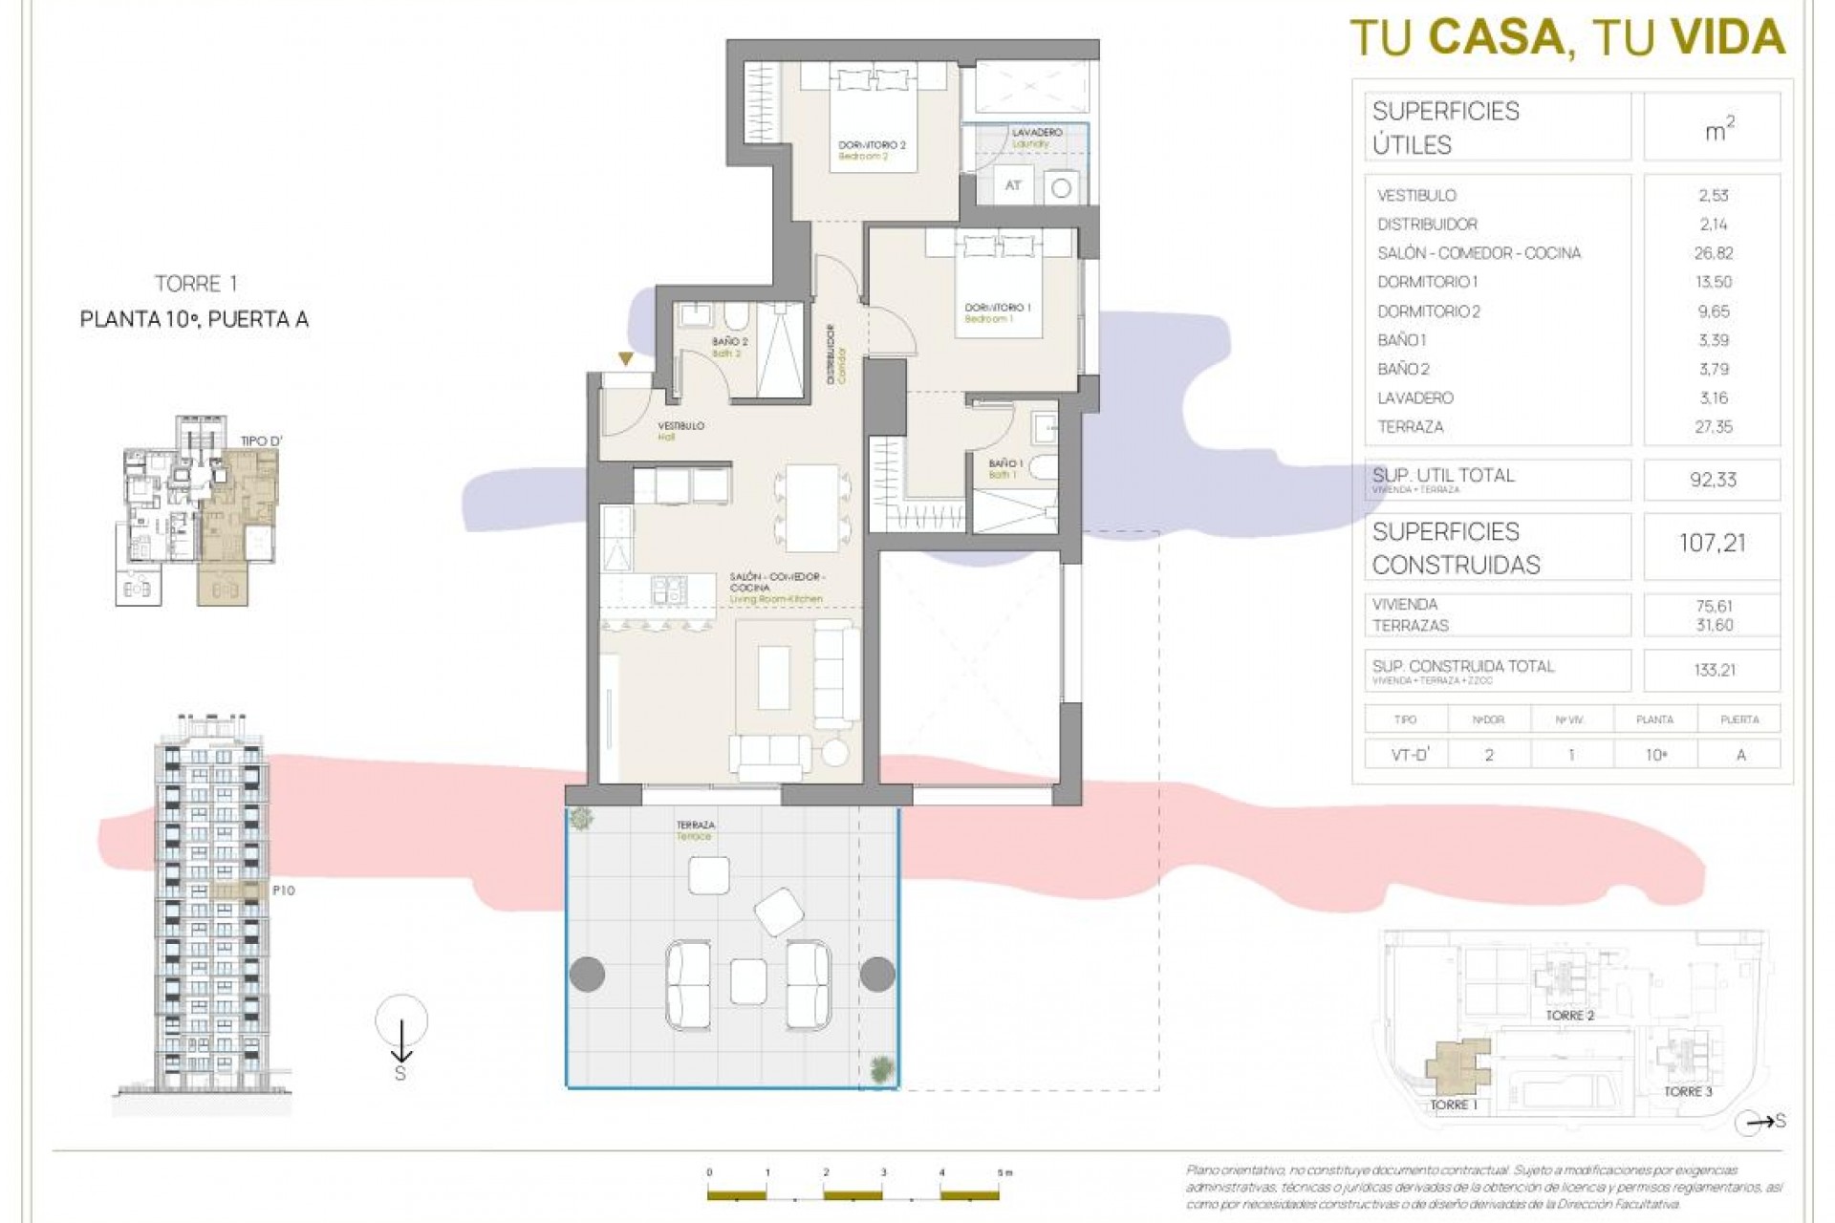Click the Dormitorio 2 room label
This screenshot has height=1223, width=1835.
pos(871,150)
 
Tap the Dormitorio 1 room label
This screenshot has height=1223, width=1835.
pos(997,312)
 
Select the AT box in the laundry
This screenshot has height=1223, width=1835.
pos(1013,185)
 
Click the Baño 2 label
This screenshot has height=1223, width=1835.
pos(729,346)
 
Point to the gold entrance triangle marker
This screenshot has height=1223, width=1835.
pos(625,359)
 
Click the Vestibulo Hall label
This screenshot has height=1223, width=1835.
pos(680,430)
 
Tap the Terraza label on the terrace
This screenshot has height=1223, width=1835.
pos(695,829)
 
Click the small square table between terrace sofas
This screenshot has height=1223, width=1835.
pos(747,981)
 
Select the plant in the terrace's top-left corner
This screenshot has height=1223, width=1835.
pos(580,818)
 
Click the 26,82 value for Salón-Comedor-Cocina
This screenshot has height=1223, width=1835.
pos(1713,253)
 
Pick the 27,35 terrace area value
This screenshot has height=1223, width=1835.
pos(1713,427)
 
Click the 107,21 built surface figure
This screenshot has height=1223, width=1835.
pos(1712,544)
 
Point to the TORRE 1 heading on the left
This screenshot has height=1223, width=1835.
pos(195,284)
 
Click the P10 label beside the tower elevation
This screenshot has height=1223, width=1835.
pos(284,890)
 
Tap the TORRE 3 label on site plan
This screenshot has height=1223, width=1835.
pos(1688,1091)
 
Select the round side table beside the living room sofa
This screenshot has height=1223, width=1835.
pos(834,751)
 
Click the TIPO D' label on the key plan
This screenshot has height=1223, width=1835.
pos(261,441)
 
